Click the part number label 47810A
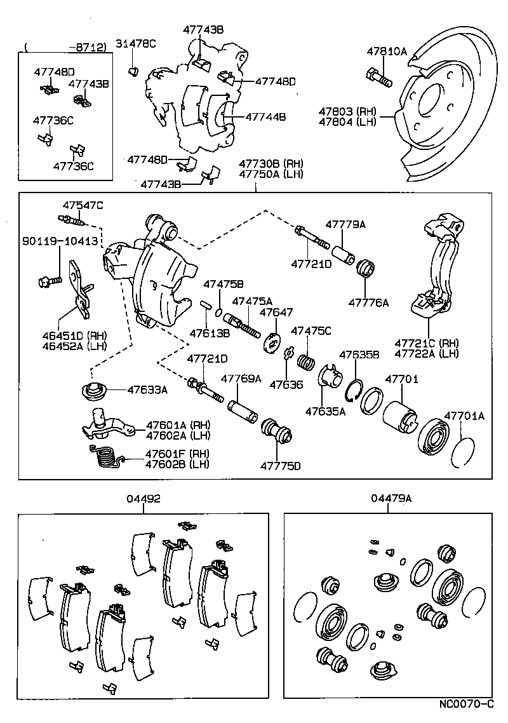[x=386, y=52]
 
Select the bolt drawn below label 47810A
[x=379, y=79]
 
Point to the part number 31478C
[x=135, y=43]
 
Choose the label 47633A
[x=147, y=390]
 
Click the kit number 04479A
[x=392, y=499]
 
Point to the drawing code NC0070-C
[x=466, y=705]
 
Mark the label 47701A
[x=464, y=416]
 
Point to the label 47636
[x=286, y=384]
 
